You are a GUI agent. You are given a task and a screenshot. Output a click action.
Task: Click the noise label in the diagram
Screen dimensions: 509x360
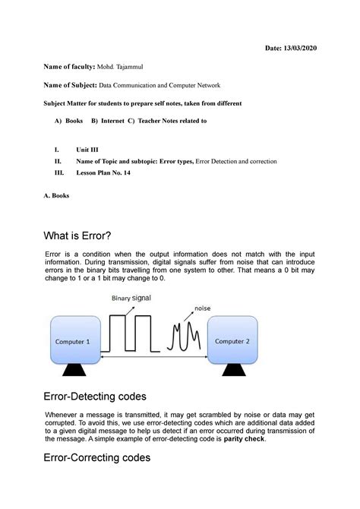coord(202,308)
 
